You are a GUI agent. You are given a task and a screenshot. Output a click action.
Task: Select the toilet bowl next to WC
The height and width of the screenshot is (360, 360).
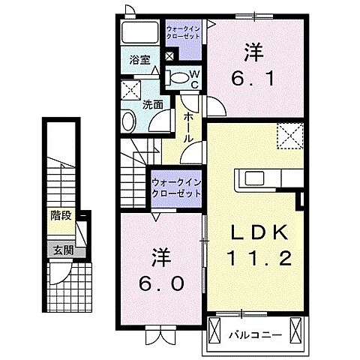[x=178, y=76]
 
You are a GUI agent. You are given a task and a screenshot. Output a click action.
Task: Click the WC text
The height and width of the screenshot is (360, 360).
[x=193, y=78]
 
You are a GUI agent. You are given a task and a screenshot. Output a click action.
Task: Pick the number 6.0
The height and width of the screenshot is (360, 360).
[x=160, y=270]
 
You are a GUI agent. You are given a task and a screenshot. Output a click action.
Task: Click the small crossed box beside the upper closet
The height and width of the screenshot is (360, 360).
[x=169, y=55]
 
